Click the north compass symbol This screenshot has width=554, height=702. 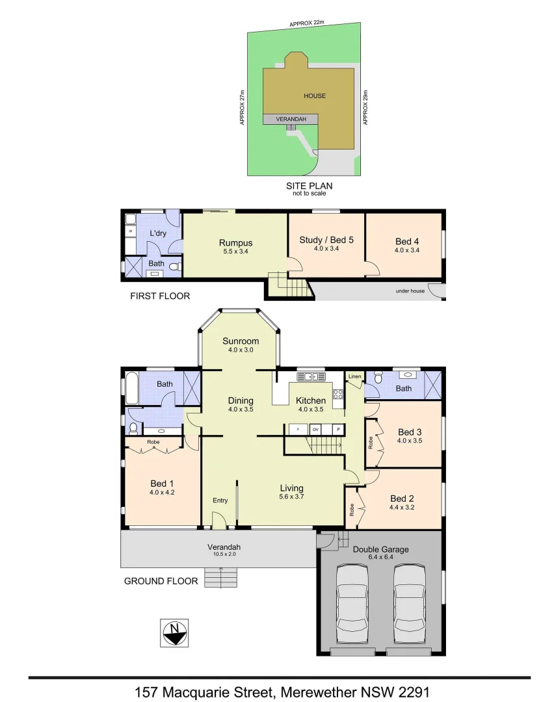click(174, 632)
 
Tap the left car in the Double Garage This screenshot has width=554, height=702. click(353, 602)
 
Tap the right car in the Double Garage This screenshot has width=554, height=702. click(410, 602)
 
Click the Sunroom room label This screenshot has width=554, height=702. click(241, 341)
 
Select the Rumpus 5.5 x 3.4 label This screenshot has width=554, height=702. click(235, 248)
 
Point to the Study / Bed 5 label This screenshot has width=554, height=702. click(326, 243)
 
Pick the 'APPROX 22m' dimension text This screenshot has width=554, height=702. click(307, 24)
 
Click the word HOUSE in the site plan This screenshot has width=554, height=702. click(315, 96)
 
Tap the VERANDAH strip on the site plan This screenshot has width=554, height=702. click(290, 119)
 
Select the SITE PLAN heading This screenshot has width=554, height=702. click(309, 186)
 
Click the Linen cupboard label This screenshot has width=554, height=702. click(354, 377)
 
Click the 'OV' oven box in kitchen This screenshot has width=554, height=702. click(315, 430)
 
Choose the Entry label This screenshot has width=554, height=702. click(220, 500)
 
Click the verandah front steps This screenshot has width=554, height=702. click(220, 577)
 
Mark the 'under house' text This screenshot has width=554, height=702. click(410, 291)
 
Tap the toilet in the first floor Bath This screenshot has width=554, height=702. click(174, 266)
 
